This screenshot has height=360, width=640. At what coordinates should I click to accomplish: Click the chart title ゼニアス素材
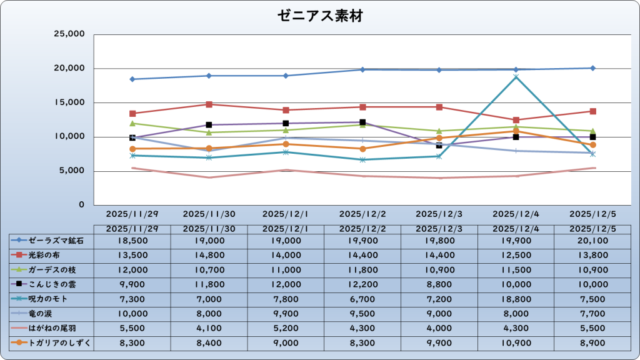tap(319, 16)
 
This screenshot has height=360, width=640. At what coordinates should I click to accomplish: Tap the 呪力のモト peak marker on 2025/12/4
tap(516, 77)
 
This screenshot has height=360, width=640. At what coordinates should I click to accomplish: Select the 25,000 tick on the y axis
tap(69, 34)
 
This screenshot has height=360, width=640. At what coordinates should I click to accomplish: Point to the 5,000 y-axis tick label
tap(72, 171)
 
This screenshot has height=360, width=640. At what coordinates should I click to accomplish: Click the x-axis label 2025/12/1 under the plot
tap(286, 214)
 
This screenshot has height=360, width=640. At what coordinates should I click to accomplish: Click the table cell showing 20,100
tap(592, 240)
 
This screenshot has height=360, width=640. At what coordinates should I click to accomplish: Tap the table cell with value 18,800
tap(516, 299)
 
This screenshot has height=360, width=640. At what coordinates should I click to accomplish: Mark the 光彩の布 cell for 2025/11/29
tap(132, 255)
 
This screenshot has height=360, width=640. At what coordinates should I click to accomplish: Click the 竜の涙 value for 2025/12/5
tap(592, 313)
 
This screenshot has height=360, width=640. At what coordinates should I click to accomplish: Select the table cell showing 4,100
tap(209, 327)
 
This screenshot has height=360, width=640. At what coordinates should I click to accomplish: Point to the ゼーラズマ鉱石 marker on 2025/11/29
tap(132, 79)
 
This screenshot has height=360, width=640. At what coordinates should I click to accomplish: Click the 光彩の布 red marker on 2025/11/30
tap(209, 104)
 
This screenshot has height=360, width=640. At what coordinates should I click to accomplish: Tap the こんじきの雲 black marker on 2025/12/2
tap(362, 122)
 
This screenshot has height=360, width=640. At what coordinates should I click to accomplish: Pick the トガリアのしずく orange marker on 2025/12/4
tap(516, 131)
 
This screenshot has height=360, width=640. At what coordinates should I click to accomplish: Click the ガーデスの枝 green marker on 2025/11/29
tap(132, 124)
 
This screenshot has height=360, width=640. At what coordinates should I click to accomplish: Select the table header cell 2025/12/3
tap(439, 229)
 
